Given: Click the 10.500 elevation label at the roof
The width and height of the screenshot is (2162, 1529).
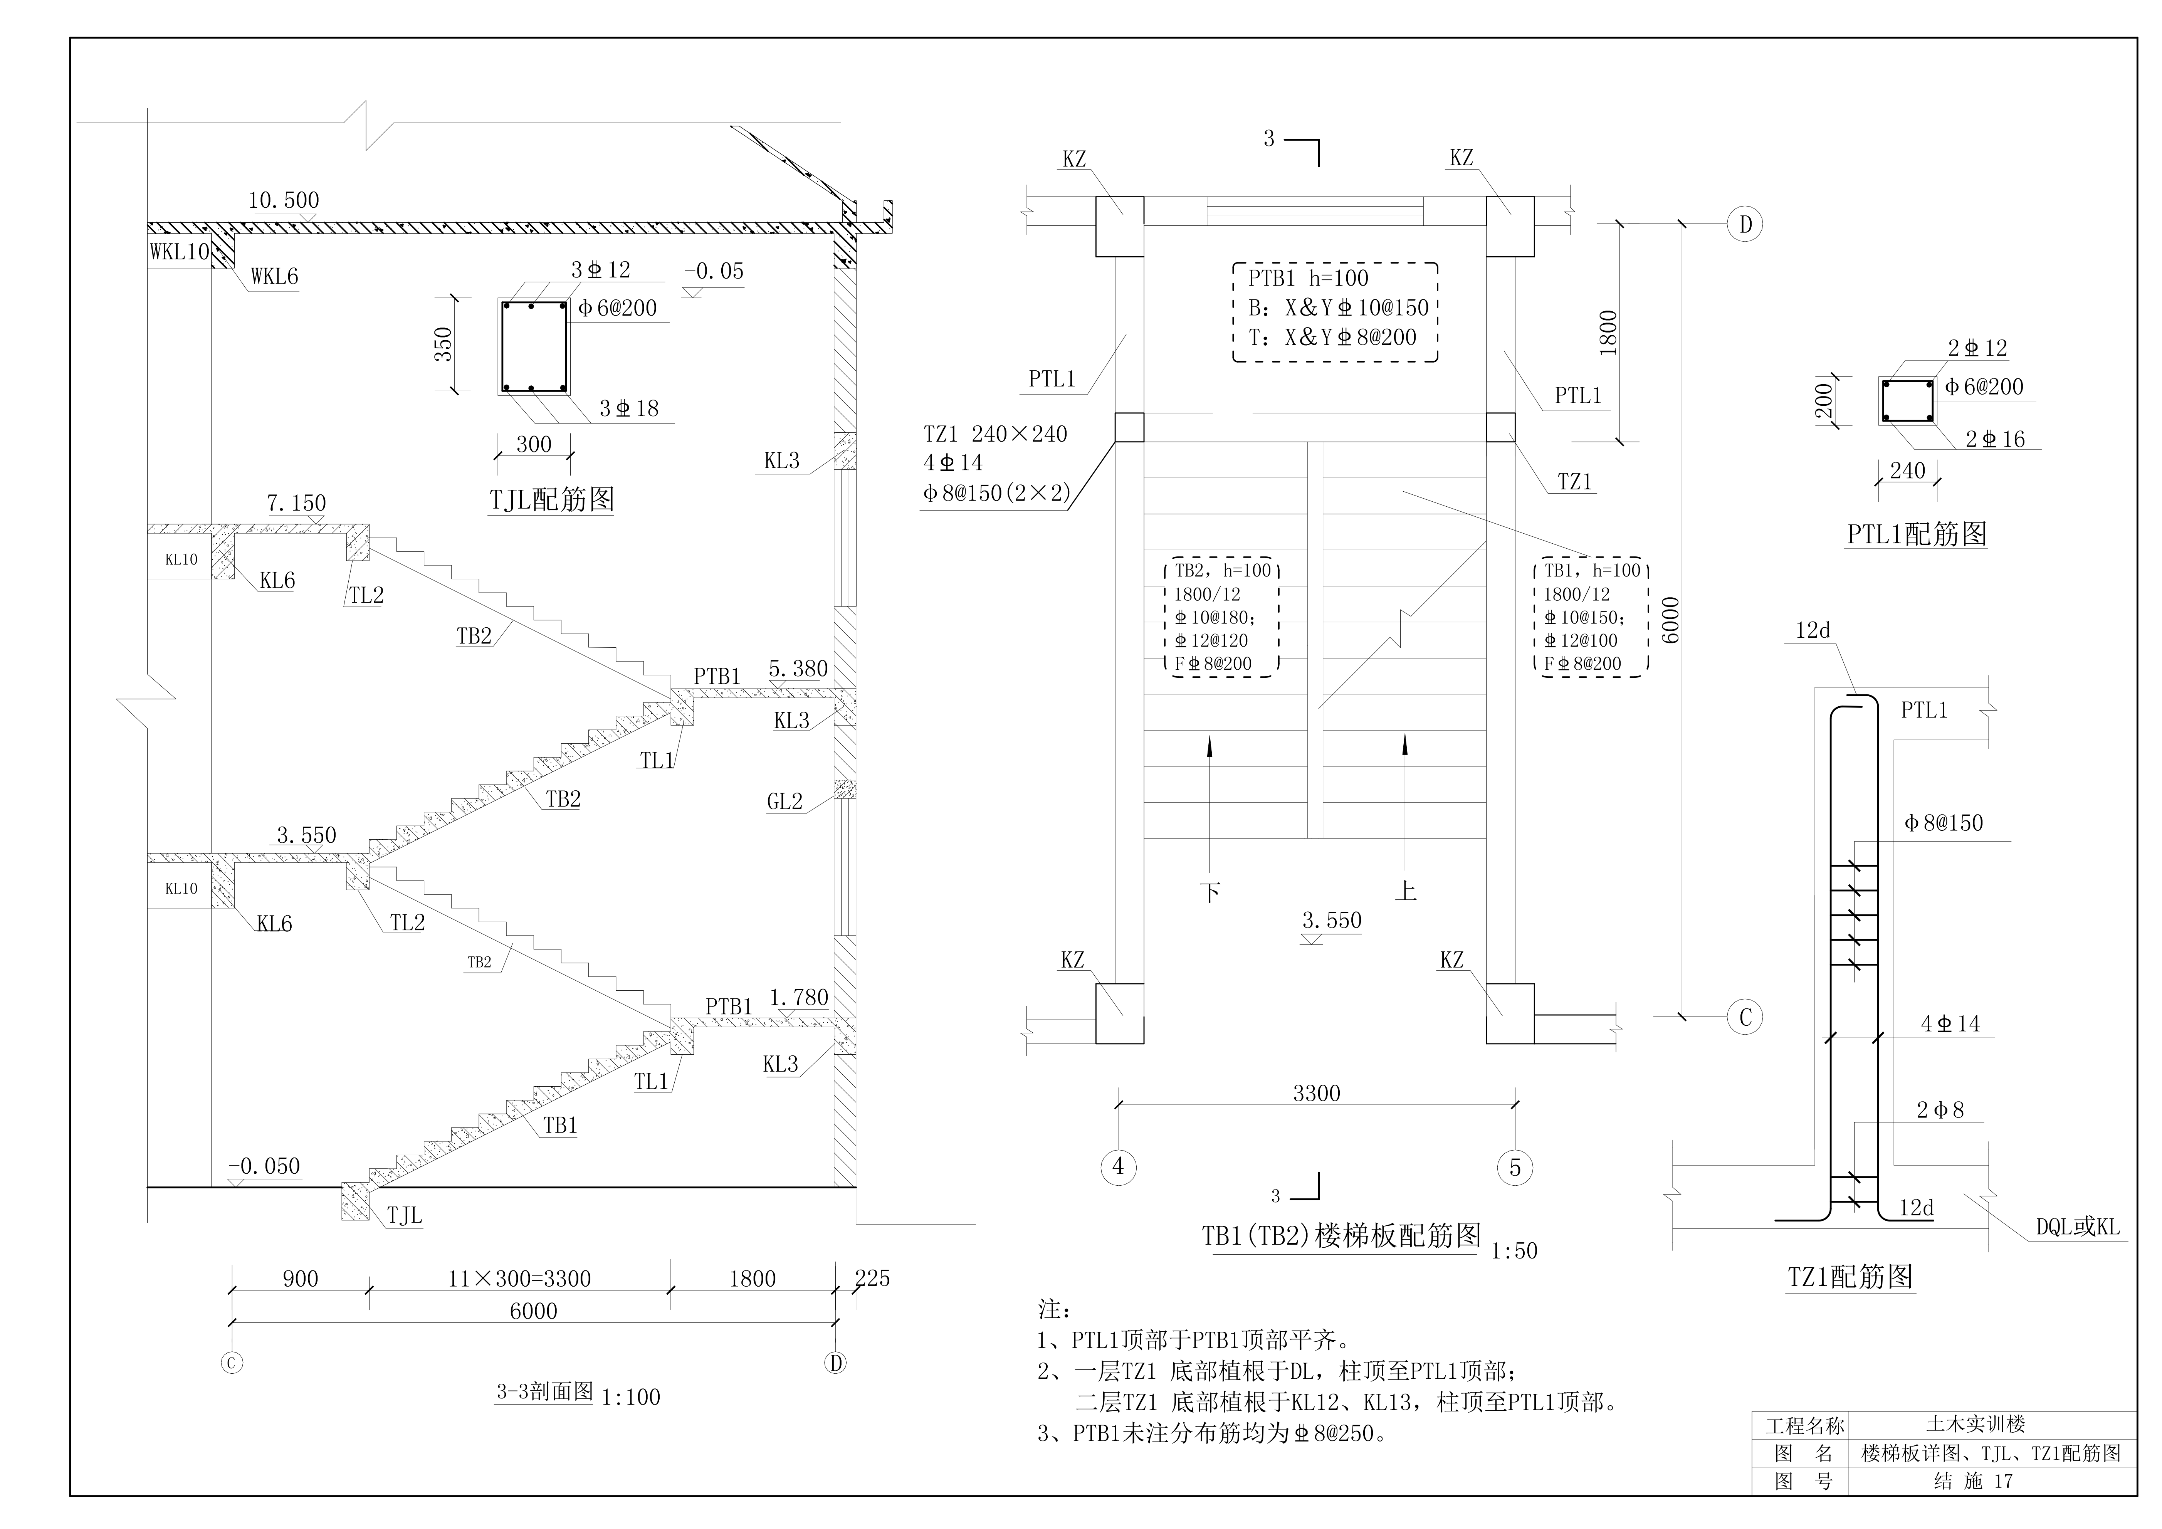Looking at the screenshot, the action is click(x=284, y=200).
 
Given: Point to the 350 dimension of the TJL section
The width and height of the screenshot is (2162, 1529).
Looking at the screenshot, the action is click(x=443, y=344).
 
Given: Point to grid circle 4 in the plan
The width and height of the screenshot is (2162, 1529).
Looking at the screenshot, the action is click(x=1118, y=1166).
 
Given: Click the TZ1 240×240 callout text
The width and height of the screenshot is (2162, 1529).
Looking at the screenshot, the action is click(x=995, y=434).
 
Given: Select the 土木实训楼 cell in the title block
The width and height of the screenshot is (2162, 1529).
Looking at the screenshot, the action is click(x=1975, y=1425).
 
